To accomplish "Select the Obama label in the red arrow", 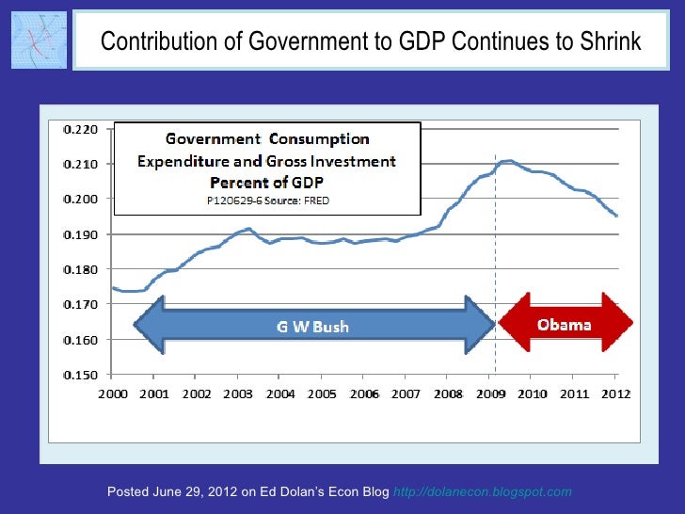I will pyautogui.click(x=564, y=326).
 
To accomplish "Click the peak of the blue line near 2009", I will pyautogui.click(x=508, y=161).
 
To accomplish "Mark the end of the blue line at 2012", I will pyautogui.click(x=616, y=216).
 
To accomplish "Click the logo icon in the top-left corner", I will pyautogui.click(x=38, y=40).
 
